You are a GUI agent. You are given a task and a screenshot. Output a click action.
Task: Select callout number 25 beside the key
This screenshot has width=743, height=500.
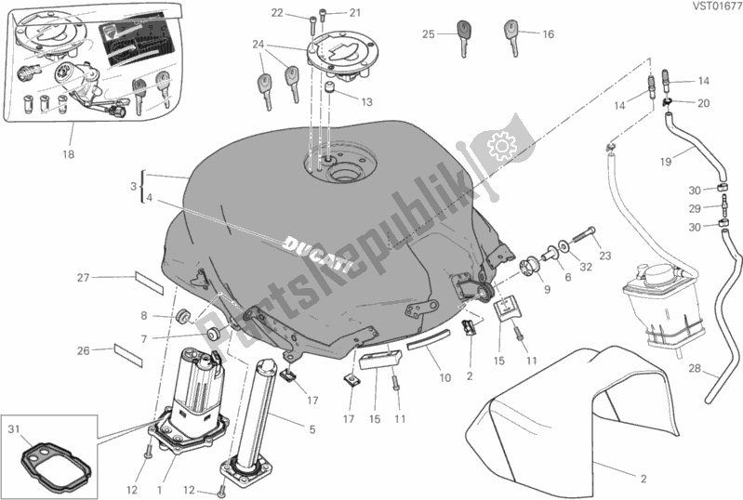point(428,34)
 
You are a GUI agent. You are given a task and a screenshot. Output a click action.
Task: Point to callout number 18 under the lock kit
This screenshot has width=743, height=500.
point(68,154)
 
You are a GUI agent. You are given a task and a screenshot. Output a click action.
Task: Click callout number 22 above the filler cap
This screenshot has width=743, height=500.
point(276,12)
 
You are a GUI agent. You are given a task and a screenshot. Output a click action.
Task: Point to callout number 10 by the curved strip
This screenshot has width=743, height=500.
point(444,378)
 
